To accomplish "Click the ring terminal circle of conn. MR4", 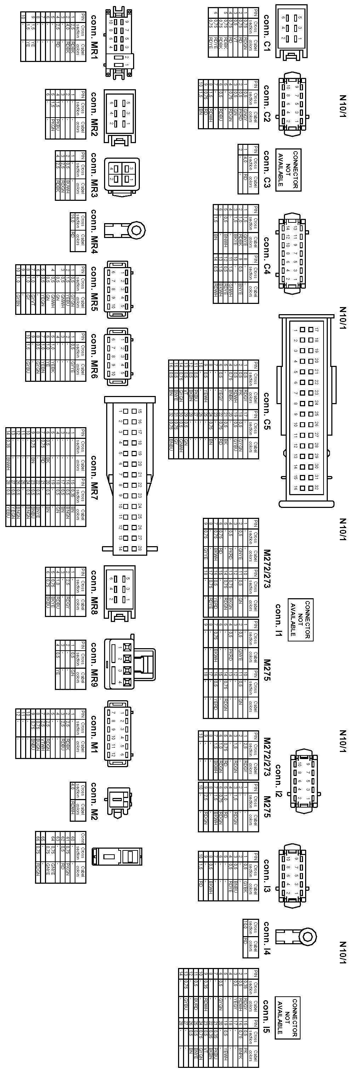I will [x=137, y=229].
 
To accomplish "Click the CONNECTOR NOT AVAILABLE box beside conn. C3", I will [x=288, y=169].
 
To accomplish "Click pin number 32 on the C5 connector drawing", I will [x=317, y=488].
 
